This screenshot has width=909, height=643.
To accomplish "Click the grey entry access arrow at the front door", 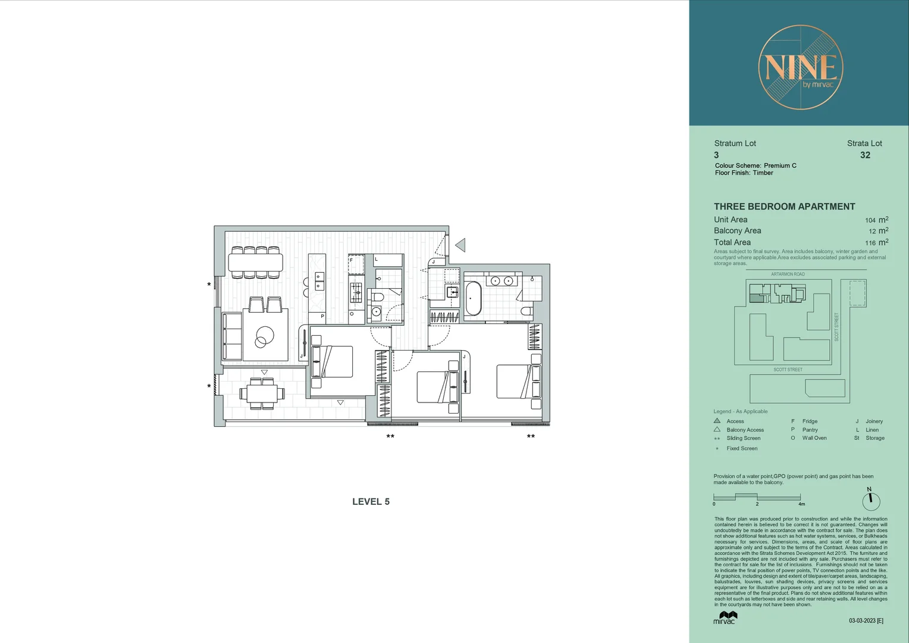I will point(460,245).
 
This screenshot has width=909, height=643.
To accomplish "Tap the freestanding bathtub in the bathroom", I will point(473,298).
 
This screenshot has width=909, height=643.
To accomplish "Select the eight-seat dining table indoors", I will point(255,262).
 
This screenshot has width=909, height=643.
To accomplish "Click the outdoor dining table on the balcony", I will point(262,393).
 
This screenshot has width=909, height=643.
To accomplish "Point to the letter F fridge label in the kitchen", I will point(351,260).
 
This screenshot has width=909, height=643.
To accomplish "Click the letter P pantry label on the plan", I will point(322,316).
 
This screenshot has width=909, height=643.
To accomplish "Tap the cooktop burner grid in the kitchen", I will point(356,292).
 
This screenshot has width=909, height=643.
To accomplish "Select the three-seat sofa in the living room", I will point(231,336).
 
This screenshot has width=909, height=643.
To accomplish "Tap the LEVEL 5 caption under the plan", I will point(371,502).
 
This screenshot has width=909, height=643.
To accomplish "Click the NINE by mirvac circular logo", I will point(800,67).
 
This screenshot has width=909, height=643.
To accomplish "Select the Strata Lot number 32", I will point(865,155).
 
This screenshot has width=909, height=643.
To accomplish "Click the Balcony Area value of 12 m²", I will point(877,231).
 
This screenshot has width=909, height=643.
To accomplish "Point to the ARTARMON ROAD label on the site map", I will point(788,274).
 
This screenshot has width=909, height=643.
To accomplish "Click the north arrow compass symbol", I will point(870,500).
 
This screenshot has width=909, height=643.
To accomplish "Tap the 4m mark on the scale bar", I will point(801,504).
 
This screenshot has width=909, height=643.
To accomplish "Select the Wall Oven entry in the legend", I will point(814,438).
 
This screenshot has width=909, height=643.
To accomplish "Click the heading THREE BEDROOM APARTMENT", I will point(784,207).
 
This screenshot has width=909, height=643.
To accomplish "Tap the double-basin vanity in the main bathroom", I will point(501,280).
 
